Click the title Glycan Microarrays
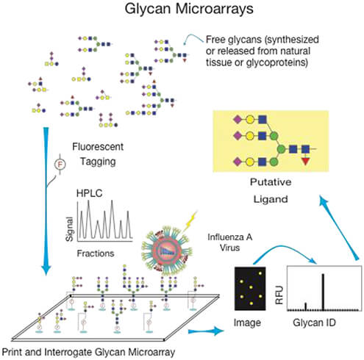pos(182,10)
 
